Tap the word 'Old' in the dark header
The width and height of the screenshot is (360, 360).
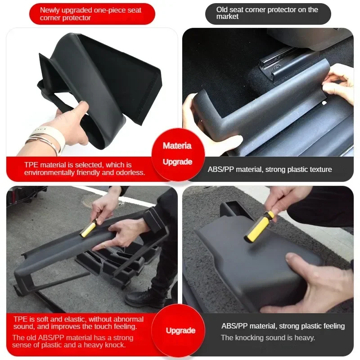222,9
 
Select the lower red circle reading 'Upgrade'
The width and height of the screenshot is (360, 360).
180,330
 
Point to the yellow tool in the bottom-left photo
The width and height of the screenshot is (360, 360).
88,229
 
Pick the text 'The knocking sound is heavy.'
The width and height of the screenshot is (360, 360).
268,337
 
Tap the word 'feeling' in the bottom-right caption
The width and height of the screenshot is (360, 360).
333,326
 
